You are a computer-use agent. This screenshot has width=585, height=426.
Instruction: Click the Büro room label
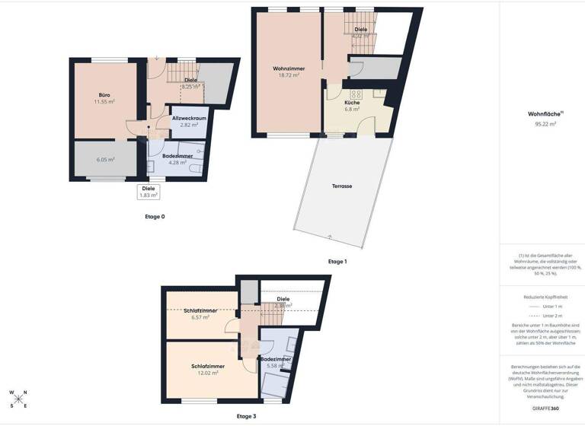coord(104,94)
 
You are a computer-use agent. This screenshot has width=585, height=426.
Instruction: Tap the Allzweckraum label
coord(190,119)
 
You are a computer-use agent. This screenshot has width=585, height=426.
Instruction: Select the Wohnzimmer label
coord(289,68)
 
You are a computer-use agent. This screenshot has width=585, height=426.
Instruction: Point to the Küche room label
coord(352,102)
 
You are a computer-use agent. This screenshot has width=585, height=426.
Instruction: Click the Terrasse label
coord(342,186)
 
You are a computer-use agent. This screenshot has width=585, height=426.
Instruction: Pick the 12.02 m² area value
coord(205,373)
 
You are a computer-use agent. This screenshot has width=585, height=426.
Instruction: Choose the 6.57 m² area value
coord(200,317)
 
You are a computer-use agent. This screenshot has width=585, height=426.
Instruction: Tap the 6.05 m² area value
coord(106,160)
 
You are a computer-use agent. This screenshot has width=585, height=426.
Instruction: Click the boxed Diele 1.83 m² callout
coord(149,192)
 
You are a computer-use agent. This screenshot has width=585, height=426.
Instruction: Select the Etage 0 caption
coord(155,217)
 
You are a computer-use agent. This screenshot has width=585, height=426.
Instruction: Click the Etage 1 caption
coord(337,261)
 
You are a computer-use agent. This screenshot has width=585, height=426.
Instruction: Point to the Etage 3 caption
coord(246,416)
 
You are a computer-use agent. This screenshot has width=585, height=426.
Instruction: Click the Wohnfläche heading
coord(541,114)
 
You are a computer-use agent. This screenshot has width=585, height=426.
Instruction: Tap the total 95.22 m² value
coord(542,123)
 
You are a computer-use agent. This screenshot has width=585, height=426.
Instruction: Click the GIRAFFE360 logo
coord(542,409)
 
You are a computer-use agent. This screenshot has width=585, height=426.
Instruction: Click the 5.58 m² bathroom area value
coord(274,366)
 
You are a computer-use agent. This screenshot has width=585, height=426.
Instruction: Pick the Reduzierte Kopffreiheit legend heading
coord(542,297)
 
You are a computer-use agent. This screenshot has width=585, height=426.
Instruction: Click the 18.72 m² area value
coord(289,75)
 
